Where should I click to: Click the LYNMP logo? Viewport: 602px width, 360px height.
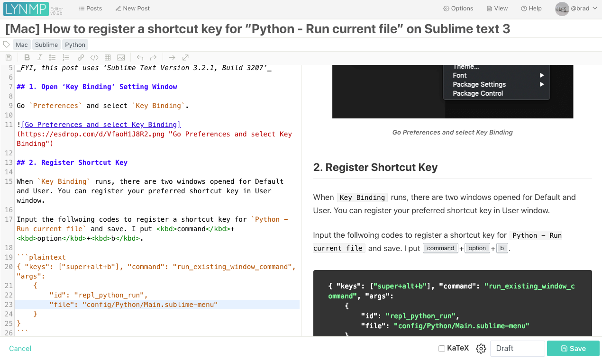(x=26, y=9)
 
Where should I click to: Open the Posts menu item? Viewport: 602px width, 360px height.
(x=91, y=9)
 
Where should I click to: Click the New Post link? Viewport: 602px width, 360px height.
(x=133, y=9)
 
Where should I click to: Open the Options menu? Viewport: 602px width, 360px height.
(x=458, y=9)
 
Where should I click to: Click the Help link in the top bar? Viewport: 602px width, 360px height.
(x=531, y=9)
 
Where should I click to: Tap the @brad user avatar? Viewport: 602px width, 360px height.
(x=562, y=9)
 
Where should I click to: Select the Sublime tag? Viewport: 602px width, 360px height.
(x=46, y=45)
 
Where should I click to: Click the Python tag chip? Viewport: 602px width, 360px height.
(x=75, y=45)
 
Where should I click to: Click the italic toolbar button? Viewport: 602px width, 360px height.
(x=39, y=57)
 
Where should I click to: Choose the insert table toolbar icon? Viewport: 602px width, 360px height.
(x=108, y=57)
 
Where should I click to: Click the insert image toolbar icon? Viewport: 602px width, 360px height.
(x=121, y=57)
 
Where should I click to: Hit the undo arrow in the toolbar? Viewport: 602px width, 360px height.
(x=140, y=57)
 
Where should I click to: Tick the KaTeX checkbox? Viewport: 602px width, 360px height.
(x=442, y=349)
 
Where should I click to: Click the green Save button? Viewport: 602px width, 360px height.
(x=573, y=349)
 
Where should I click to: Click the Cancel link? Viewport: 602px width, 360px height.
(x=20, y=349)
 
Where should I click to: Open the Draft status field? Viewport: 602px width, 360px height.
(x=517, y=349)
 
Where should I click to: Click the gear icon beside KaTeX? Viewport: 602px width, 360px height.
(x=481, y=349)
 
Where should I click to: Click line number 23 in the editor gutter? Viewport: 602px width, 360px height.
(x=9, y=305)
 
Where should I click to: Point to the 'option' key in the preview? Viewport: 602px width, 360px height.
(x=477, y=248)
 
